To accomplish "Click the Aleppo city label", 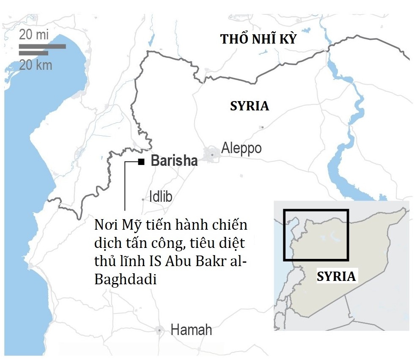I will tap(241, 148).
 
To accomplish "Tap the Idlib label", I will tap(161, 196).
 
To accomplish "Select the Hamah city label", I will tap(191, 330).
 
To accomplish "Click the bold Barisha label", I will tap(174, 161).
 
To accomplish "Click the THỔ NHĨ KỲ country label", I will tap(258, 39).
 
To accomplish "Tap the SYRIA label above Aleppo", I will tap(249, 106).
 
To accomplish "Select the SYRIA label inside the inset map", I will tap(336, 277).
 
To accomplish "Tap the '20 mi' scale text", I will tap(34, 35).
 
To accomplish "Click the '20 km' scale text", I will tap(36, 65).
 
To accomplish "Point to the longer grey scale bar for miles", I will tap(42, 46).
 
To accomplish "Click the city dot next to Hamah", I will tap(159, 330).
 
